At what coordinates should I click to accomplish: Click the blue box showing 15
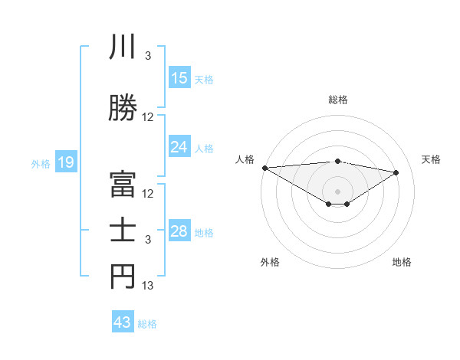point(179,78)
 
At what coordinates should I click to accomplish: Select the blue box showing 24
point(179,147)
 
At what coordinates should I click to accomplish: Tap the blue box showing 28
point(179,231)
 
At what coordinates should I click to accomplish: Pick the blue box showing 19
point(66,162)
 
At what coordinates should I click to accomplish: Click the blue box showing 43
point(123,322)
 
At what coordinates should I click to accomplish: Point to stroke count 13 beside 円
point(148,286)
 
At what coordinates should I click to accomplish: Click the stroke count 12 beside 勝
point(148,117)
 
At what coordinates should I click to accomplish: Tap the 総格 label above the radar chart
point(337,100)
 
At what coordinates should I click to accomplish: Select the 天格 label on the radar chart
point(432,159)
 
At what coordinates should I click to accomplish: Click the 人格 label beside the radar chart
point(245,159)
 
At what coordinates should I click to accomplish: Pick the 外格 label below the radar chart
point(270,262)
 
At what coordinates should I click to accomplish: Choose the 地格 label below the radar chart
point(402,262)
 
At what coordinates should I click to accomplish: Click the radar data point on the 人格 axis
point(264,167)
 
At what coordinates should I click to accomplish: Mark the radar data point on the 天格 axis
point(396,172)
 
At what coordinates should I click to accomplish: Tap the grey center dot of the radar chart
point(337,190)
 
